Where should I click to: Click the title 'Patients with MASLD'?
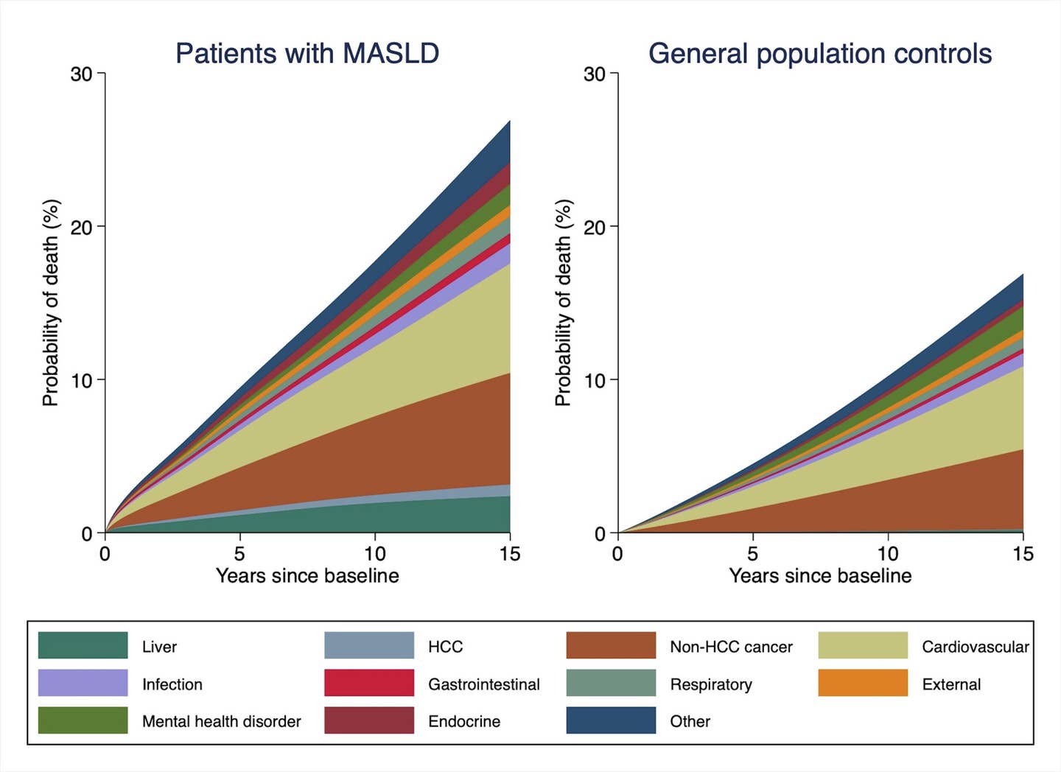[307, 54]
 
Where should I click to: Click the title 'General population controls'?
[819, 54]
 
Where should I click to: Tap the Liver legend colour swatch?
[83, 645]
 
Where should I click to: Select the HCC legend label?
[445, 647]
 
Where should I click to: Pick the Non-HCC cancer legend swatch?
[610, 645]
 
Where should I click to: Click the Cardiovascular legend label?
[975, 647]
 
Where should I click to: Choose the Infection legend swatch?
[83, 683]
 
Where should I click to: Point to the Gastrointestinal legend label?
[483, 684]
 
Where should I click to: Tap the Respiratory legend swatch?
[610, 683]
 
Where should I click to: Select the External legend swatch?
[862, 683]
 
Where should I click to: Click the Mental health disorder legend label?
[221, 721]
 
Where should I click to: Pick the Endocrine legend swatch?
[368, 720]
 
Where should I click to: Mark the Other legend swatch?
[610, 720]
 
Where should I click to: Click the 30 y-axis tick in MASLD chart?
[81, 74]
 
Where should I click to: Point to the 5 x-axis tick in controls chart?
[752, 553]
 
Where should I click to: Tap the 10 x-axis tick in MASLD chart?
[374, 553]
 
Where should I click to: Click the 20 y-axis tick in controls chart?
[594, 228]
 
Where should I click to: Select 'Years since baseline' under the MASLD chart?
[307, 575]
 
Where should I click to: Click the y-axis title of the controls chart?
[563, 303]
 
